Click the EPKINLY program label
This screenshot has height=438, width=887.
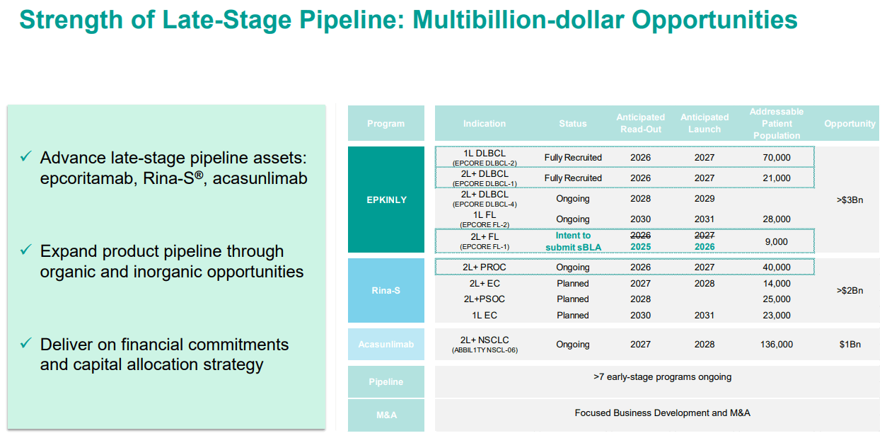[386, 200]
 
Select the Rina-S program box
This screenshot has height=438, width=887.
[386, 290]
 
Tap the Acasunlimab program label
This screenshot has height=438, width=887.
[386, 345]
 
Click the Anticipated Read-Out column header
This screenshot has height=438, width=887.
[640, 123]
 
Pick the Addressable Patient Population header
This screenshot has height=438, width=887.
[777, 123]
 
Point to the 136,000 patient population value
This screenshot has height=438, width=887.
[777, 345]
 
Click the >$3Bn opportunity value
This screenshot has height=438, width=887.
[849, 200]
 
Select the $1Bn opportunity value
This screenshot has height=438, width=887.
[849, 345]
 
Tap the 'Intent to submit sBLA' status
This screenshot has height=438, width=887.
[572, 241]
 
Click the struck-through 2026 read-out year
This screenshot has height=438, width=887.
[640, 235]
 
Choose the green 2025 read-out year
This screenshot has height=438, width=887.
[640, 247]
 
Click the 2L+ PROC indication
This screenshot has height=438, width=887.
[485, 267]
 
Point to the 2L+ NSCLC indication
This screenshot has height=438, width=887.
[485, 340]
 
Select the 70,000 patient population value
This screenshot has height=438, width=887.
[777, 158]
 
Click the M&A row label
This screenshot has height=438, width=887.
[386, 415]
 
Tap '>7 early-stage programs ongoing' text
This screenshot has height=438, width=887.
[662, 377]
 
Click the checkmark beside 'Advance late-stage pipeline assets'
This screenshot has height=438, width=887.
[26, 157]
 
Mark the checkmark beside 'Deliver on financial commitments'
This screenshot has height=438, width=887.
[26, 344]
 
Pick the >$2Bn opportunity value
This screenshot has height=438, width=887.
[849, 290]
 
